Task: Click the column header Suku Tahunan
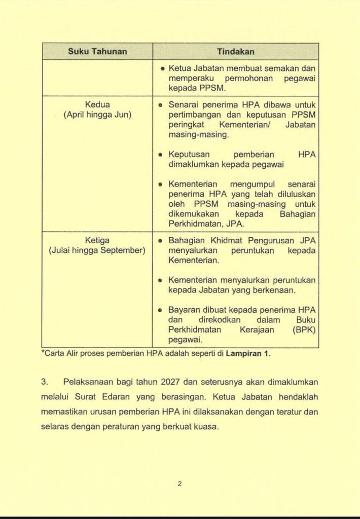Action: coord(97,52)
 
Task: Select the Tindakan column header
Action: coord(235,52)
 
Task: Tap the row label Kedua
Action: coord(97,105)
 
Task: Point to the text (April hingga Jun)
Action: coord(97,115)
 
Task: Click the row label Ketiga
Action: coord(97,240)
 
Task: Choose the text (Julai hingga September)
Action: coord(97,250)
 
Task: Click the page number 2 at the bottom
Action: coord(179,484)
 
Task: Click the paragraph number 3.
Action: coord(45,382)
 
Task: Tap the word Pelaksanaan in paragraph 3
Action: coord(89,382)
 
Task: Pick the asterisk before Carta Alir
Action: coord(43,353)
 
